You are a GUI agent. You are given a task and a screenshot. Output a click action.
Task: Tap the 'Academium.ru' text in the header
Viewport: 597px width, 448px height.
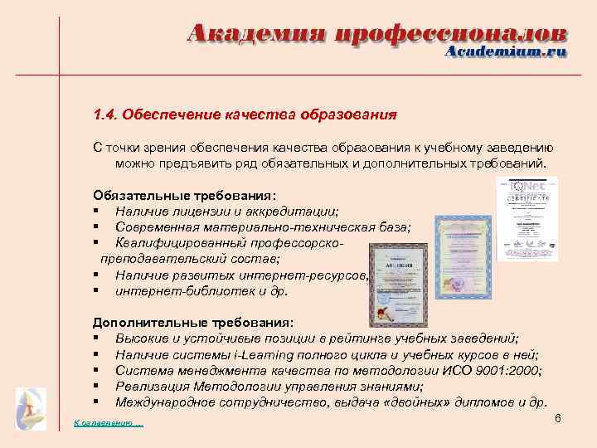tap(506, 51)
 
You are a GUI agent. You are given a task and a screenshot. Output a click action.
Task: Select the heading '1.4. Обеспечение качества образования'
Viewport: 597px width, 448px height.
tap(245, 113)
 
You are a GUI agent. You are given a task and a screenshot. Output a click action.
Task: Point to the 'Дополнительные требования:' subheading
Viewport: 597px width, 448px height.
tap(193, 323)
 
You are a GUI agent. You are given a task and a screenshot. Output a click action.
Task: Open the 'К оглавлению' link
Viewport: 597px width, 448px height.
tap(109, 424)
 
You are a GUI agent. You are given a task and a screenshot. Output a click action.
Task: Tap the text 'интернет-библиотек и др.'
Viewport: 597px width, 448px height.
tap(201, 291)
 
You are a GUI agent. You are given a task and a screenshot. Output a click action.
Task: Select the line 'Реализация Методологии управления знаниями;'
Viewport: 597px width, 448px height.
tap(269, 387)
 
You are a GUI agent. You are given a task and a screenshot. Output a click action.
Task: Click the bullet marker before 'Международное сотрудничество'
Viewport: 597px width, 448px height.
tap(97, 402)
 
